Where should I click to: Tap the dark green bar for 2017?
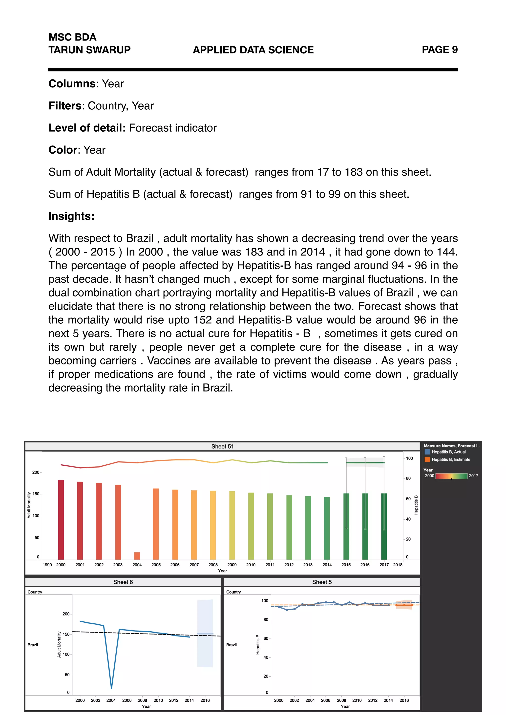pyautogui.click(x=384, y=526)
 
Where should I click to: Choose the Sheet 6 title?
pyautogui.click(x=123, y=582)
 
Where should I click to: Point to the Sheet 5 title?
pyautogui.click(x=322, y=582)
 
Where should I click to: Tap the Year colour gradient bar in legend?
pyautogui.click(x=451, y=476)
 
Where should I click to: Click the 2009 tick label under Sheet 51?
pyautogui.click(x=232, y=565)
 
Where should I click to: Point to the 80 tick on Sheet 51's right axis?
pyautogui.click(x=408, y=478)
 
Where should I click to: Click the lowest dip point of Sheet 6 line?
pyautogui.click(x=111, y=688)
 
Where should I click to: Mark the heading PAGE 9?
pyautogui.click(x=439, y=50)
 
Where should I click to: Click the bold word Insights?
pyautogui.click(x=71, y=216)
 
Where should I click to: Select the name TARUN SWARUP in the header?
pyautogui.click(x=89, y=50)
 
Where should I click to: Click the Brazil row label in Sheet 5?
pyautogui.click(x=231, y=645)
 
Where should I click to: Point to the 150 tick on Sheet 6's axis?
pyautogui.click(x=66, y=634)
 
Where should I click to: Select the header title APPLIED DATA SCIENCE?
pyautogui.click(x=253, y=50)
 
